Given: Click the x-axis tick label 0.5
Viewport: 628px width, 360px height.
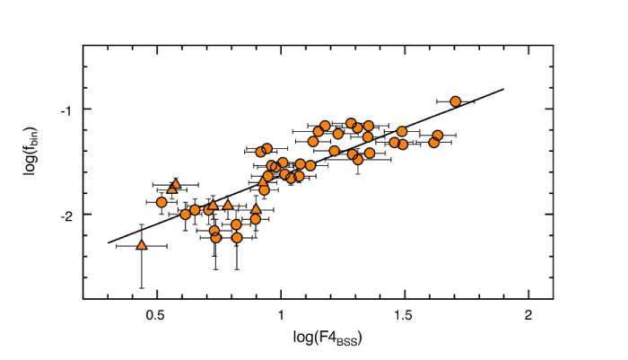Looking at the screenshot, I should [157, 316].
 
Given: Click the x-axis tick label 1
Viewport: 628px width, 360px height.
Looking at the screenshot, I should [281, 316].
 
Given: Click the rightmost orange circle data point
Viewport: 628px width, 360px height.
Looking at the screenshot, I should [456, 101].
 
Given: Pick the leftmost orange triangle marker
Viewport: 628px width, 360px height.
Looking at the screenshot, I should [141, 244].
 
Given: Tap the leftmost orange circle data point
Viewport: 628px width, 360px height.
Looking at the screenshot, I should [162, 202].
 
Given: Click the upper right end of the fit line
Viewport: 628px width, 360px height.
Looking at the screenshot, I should [504, 89].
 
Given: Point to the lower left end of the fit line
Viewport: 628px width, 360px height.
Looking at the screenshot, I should [108, 242].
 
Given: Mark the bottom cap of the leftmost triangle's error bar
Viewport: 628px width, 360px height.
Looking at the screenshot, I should [141, 288].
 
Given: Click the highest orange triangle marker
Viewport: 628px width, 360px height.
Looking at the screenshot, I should [176, 183].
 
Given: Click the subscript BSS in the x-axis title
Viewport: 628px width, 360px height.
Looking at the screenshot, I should [344, 341].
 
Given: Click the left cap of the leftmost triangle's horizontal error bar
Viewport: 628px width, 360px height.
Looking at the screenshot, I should [117, 245].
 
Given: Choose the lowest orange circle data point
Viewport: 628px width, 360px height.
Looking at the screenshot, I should [237, 238].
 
